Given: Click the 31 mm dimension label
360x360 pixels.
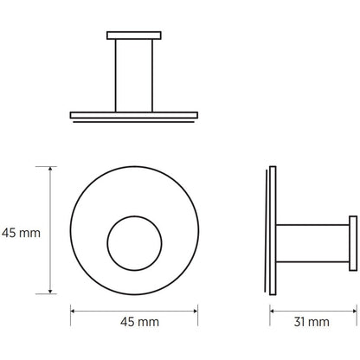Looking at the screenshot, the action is coord(312,322).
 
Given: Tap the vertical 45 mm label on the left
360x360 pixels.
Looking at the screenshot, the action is coord(21,233).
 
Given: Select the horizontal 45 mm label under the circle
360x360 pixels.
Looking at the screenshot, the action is coord(139,322).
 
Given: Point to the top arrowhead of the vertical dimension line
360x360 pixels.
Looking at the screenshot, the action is coord(50,169).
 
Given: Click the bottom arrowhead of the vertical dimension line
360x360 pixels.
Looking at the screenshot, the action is coord(50,292).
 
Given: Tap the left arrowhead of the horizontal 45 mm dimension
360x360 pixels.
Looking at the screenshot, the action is coord(73,311).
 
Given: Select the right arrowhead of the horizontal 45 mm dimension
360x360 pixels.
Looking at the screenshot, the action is coord(196,311).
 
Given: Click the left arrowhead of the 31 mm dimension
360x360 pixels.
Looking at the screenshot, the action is coord(272,311).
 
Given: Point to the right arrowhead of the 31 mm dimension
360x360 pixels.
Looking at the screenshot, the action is coord(355,311).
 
